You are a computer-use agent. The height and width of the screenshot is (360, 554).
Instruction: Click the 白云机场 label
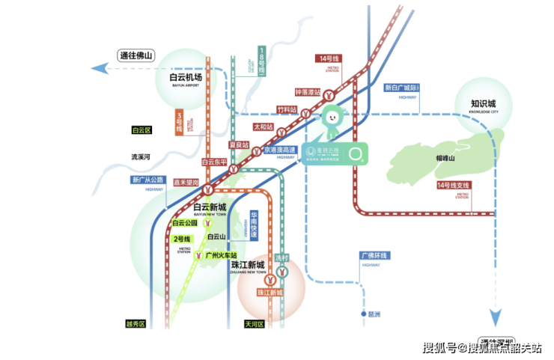[x=186, y=76]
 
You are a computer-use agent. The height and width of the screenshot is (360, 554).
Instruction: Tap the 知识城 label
[x=483, y=104]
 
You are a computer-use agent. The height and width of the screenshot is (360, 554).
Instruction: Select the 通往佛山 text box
[x=136, y=55]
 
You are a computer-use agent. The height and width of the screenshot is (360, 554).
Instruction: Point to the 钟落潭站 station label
[x=308, y=93]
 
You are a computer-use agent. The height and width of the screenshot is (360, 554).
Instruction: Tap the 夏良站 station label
[x=238, y=144]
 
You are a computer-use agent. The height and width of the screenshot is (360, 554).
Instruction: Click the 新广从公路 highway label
[x=147, y=180]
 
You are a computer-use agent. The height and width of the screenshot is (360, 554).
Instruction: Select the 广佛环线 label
[x=374, y=256]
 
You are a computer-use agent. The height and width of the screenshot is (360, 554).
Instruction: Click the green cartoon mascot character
[x=330, y=118]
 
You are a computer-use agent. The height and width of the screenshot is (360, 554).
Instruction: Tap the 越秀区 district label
[x=136, y=325]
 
